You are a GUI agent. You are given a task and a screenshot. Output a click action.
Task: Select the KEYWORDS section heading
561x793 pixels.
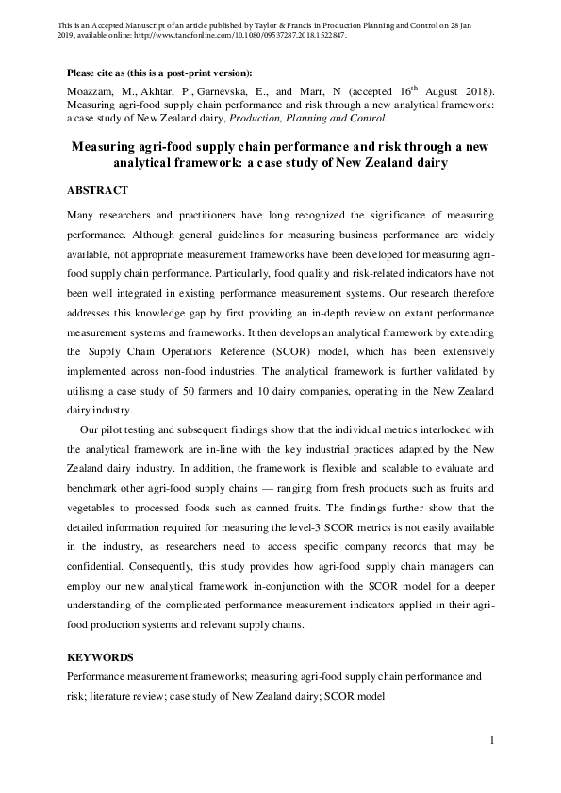click(100, 656)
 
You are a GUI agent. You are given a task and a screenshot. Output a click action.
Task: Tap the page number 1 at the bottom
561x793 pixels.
click(492, 741)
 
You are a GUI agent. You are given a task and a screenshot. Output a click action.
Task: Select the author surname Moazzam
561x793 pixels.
click(91, 92)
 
